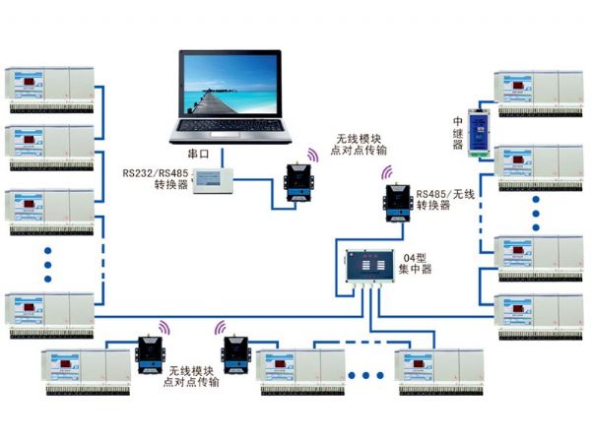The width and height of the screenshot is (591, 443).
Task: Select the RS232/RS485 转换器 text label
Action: click(155, 179)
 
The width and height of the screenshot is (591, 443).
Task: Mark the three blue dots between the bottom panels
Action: click(366, 375)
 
